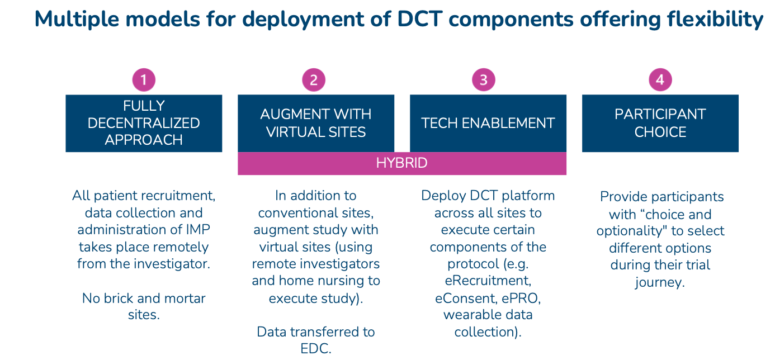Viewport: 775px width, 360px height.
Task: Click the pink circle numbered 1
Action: tap(144, 80)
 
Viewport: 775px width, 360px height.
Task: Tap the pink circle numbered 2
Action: tap(314, 80)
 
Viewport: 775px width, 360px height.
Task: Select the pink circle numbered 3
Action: tap(484, 80)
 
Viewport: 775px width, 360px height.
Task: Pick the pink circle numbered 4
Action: tap(660, 80)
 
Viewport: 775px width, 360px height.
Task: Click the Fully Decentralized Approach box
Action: tap(144, 123)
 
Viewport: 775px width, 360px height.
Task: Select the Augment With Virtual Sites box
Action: tap(316, 123)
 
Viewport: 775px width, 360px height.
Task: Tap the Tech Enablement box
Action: tap(488, 123)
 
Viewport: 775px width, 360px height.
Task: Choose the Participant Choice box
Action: tap(660, 123)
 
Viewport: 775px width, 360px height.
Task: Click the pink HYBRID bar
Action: tap(402, 163)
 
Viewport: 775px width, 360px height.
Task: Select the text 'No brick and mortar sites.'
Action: tap(144, 306)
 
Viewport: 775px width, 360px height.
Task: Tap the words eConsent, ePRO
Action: tap(488, 298)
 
